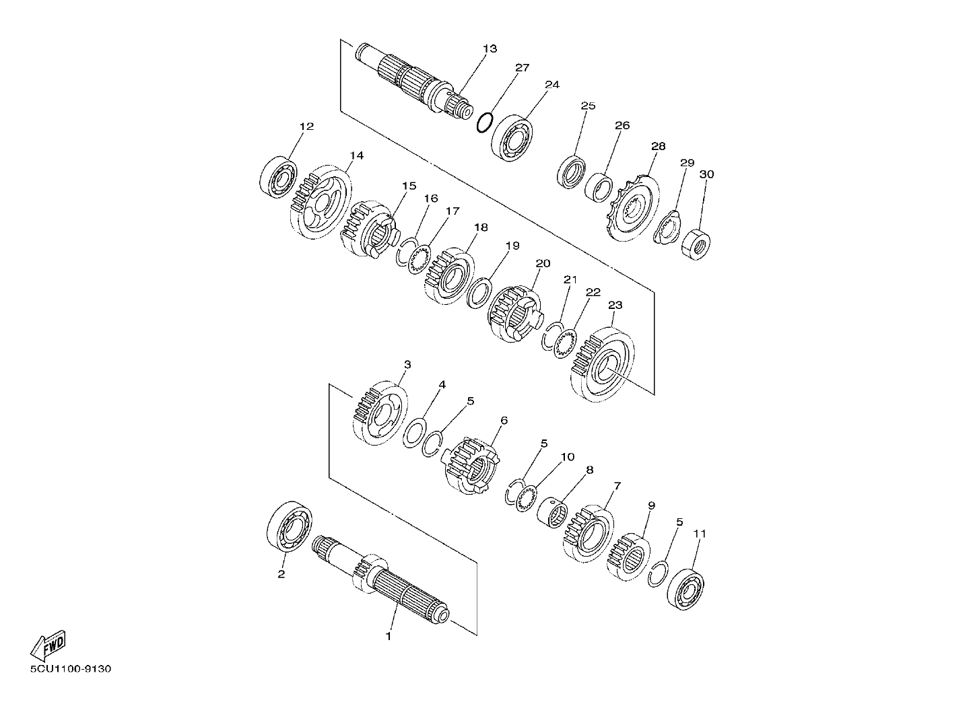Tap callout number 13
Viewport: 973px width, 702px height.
[490, 48]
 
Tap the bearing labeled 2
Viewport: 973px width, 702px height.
[290, 526]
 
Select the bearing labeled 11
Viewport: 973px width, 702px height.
[686, 589]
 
